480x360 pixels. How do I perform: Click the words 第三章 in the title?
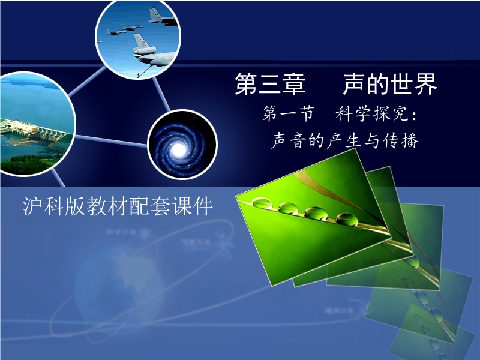click(270, 83)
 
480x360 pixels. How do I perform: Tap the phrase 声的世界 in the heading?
click(389, 83)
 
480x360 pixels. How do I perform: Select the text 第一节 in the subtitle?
click(289, 114)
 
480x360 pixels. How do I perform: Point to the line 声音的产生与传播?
click(344, 141)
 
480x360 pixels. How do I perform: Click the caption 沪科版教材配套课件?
click(118, 206)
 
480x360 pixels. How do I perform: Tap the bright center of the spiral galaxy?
click(179, 149)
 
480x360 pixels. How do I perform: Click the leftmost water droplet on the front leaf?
click(262, 203)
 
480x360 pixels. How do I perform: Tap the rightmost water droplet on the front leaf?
click(347, 219)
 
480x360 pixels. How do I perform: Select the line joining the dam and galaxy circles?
click(111, 140)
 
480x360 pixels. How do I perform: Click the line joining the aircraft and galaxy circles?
click(161, 94)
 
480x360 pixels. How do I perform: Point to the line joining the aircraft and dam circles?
click(87, 82)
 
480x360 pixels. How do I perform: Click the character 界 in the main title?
click(425, 84)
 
